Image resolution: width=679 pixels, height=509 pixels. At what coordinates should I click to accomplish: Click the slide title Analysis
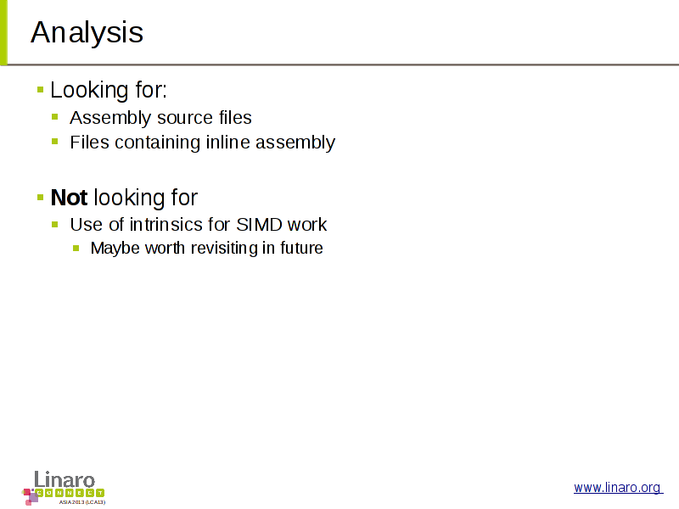(87, 33)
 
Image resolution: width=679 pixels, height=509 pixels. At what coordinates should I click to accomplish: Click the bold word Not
(70, 198)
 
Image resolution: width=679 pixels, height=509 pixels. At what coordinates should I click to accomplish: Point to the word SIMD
(259, 224)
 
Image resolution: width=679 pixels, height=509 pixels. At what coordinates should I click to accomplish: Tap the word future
(301, 248)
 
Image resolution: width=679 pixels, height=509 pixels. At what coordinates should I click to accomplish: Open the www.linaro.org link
(618, 487)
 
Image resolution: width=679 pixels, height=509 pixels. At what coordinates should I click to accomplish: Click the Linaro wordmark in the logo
(65, 479)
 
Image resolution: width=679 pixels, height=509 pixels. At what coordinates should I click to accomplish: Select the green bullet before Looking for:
(40, 90)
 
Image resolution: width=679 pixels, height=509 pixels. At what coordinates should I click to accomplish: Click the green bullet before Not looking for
(40, 198)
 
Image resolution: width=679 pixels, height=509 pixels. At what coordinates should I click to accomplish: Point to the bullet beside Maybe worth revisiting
(76, 248)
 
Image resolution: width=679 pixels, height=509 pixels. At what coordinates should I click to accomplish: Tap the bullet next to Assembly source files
(54, 116)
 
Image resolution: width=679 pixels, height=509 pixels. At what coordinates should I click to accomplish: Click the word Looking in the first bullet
(90, 91)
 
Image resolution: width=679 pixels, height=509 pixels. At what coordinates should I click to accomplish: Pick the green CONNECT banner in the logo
(70, 493)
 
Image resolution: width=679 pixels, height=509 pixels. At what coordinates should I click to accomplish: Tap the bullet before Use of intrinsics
(54, 224)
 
